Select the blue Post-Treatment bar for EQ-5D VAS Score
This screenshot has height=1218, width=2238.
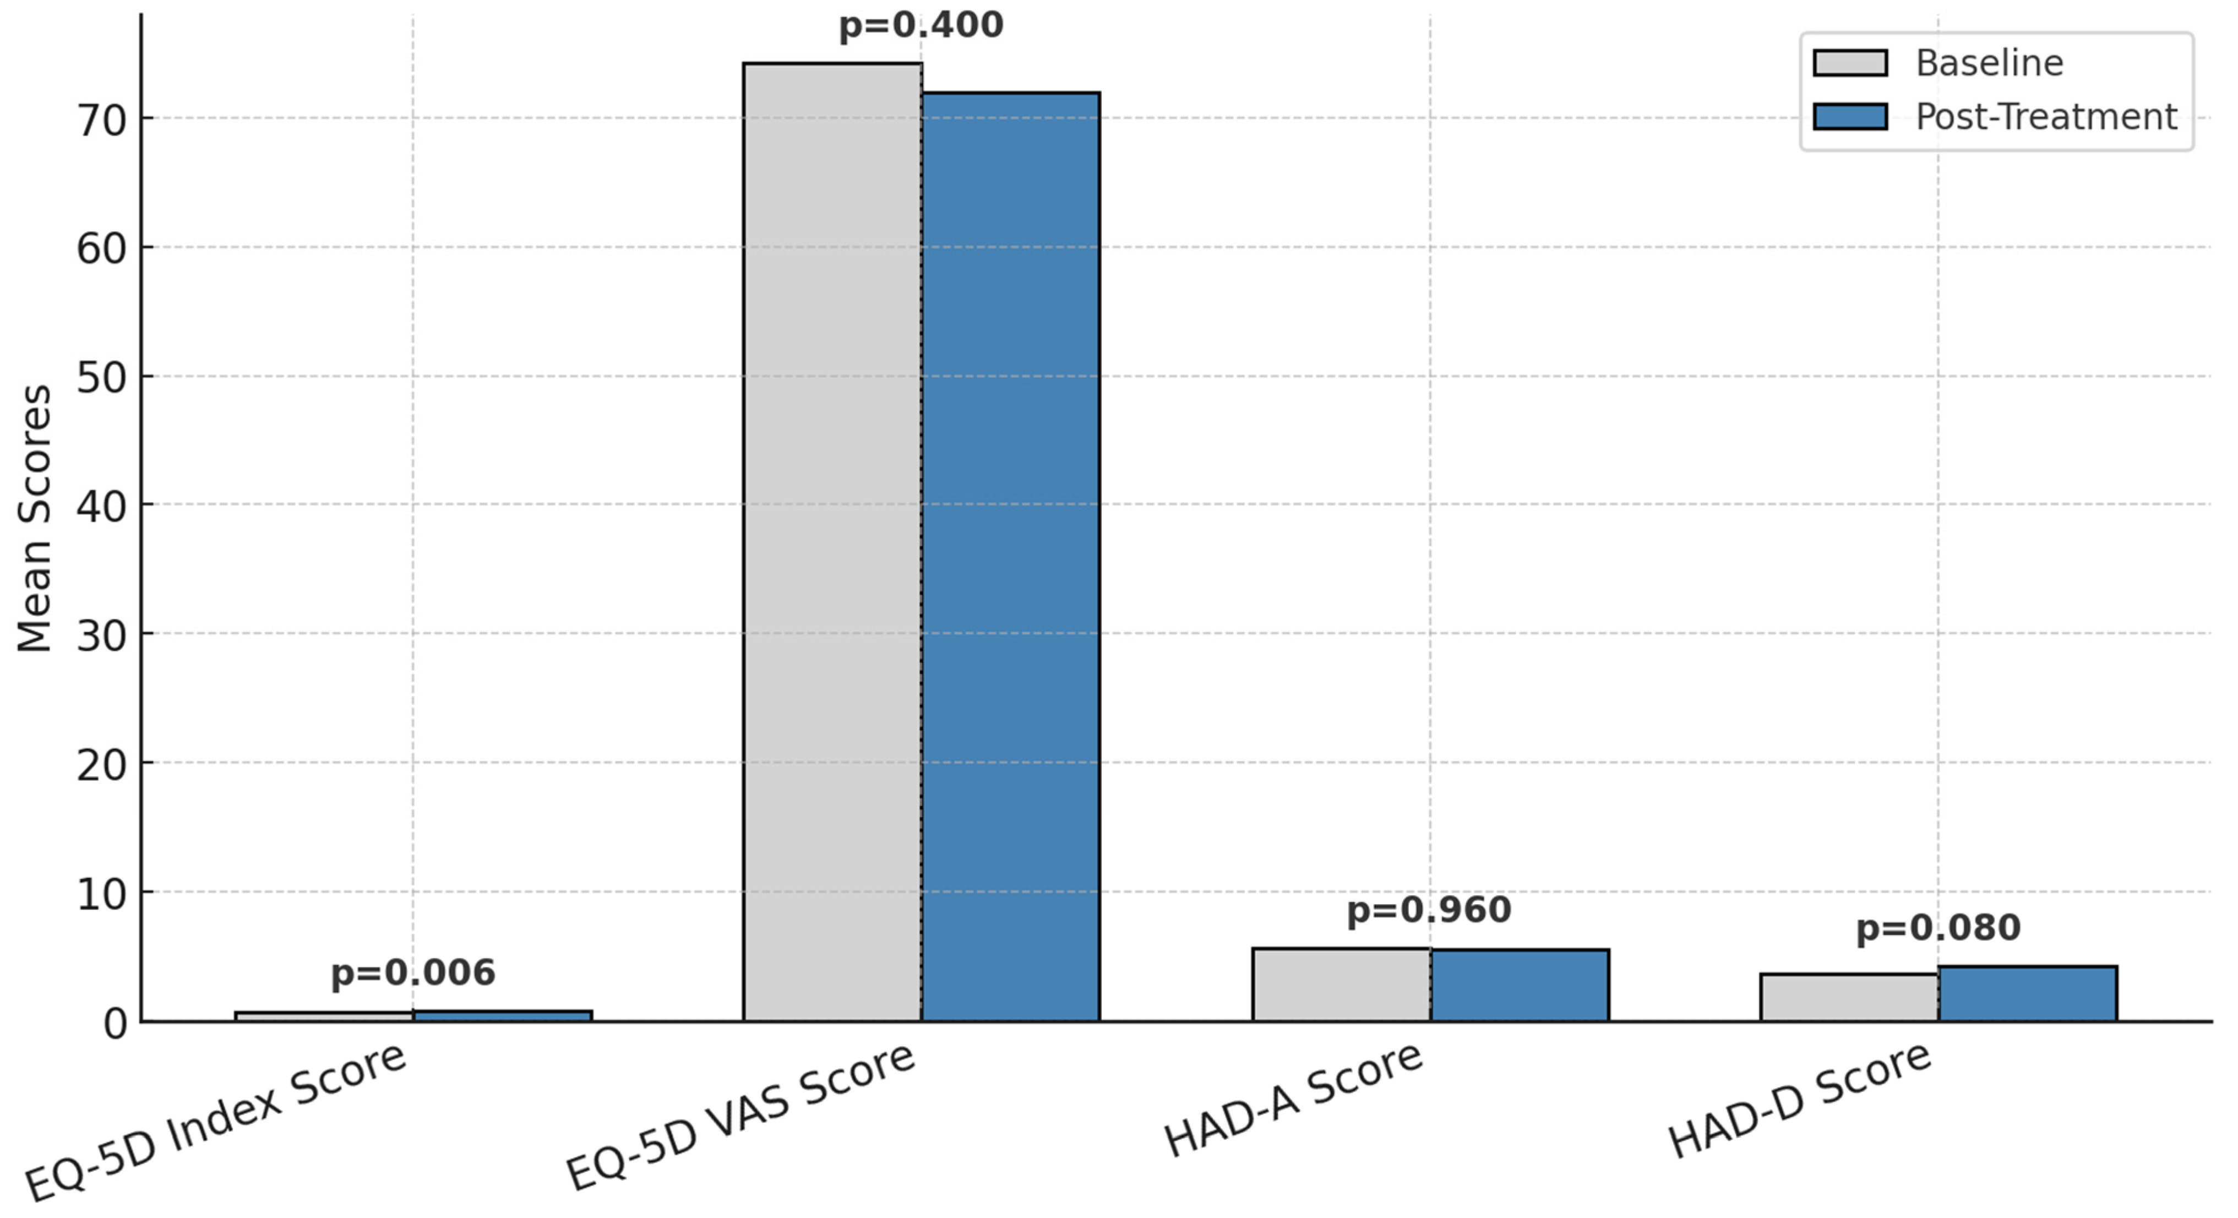[1010, 556]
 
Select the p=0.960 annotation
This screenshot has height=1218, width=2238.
[1429, 910]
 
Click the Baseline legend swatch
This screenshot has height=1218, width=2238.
[1850, 63]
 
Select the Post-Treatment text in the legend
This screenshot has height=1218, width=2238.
[2046, 116]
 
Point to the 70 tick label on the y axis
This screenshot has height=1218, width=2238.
[102, 121]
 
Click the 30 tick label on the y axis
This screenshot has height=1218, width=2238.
[102, 636]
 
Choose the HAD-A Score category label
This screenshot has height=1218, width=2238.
[1293, 1100]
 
